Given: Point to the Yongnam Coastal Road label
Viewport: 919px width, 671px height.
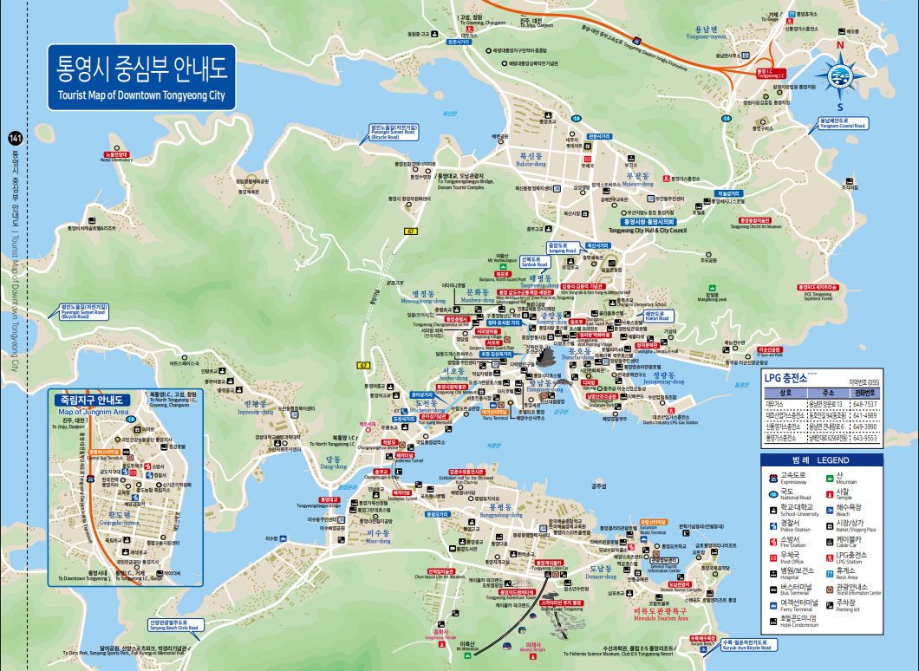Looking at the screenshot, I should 840,123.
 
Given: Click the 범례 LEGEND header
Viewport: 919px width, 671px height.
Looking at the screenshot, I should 819,459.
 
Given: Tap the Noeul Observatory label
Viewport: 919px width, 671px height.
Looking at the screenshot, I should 116,158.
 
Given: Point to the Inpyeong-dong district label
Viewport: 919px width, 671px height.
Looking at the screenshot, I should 258,408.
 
